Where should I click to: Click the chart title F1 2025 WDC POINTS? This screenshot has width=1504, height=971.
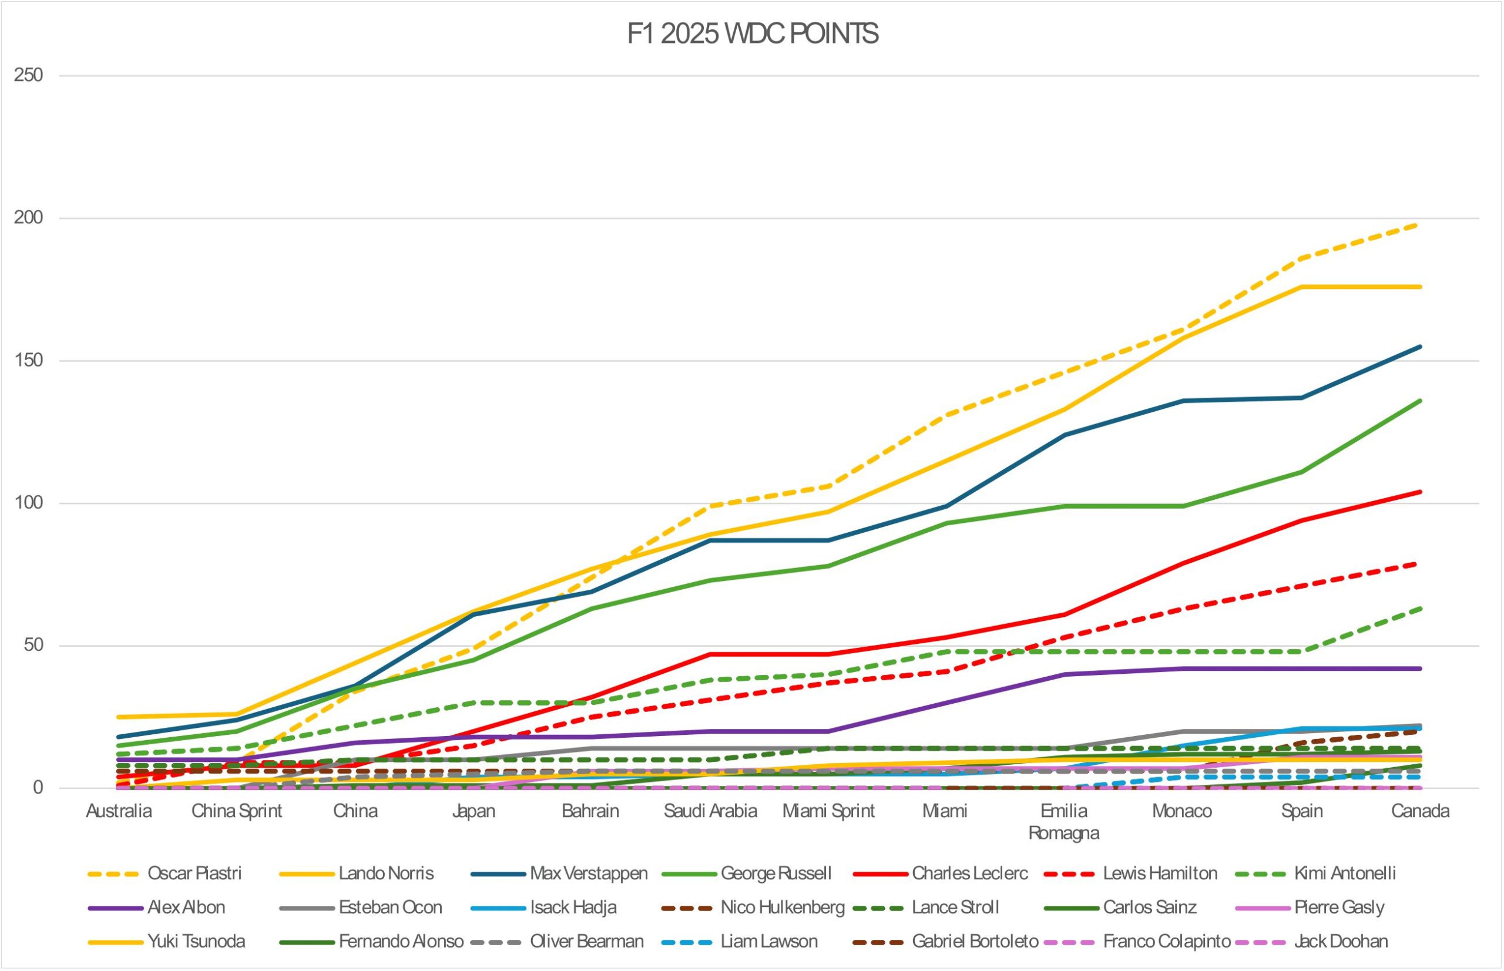pos(751,34)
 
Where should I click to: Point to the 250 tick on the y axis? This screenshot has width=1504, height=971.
pos(28,75)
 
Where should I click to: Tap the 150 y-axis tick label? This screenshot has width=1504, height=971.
pos(28,361)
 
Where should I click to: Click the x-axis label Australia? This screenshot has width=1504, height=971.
pos(119,811)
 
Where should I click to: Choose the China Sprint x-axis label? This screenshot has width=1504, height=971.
pos(237,811)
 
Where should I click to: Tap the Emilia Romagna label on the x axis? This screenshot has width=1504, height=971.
pos(1064,822)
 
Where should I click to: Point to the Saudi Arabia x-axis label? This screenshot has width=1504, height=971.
pos(710,811)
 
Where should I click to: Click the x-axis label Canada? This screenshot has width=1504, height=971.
pos(1420,811)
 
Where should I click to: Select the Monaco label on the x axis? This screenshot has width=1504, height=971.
pos(1182,811)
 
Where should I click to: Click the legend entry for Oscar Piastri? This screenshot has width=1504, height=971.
pos(194,873)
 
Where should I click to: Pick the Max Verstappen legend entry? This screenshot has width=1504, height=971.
pos(588,873)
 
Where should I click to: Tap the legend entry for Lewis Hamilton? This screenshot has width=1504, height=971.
pos(1160,873)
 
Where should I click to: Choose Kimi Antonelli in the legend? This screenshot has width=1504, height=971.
pos(1344,873)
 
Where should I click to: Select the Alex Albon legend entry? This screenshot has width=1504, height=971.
pos(186,908)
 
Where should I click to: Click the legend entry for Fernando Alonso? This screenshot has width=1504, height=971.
pos(401,942)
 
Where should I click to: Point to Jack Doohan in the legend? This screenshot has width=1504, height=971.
pos(1341,942)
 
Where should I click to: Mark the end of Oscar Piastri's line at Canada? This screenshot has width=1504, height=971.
pos(1420,224)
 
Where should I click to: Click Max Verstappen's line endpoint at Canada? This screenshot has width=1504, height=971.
pos(1420,346)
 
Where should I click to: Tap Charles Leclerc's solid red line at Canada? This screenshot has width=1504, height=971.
pos(1420,492)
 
